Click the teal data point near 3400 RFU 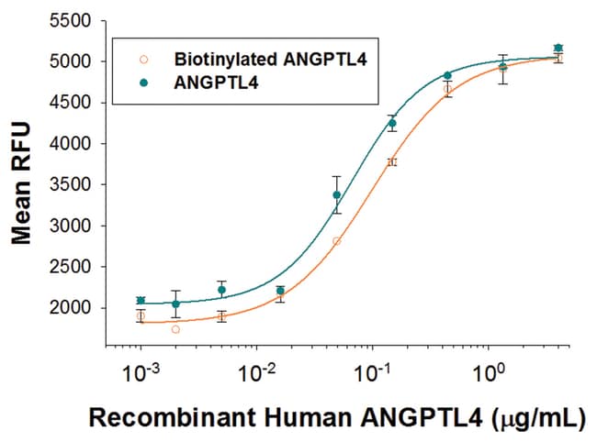[337, 194]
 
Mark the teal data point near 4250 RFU [392, 123]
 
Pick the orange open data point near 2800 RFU [337, 241]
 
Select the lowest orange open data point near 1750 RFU [175, 329]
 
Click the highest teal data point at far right [558, 48]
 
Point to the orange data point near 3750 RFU [392, 162]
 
